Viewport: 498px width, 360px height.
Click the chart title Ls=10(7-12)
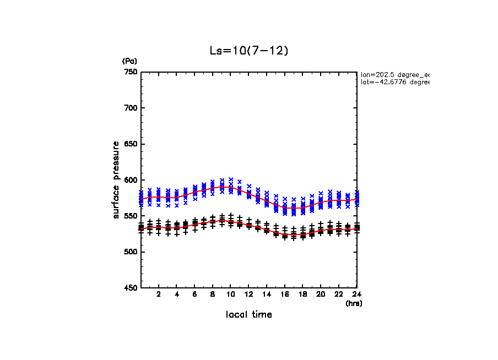coord(248,50)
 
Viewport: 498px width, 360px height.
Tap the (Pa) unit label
coord(129,61)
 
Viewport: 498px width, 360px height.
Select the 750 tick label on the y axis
coord(130,72)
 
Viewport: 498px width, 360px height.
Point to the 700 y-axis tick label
coord(130,108)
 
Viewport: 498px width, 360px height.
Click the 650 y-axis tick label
coord(130,144)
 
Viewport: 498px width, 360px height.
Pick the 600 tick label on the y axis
coord(130,180)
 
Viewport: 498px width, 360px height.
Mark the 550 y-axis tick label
coord(130,216)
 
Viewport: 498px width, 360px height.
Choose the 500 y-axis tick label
coord(130,252)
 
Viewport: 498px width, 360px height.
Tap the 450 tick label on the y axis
coord(130,288)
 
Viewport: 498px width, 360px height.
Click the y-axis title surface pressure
coord(116,180)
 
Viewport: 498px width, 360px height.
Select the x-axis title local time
coord(248,315)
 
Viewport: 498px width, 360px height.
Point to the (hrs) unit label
coord(353,303)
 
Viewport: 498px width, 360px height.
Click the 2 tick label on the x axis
coord(159,294)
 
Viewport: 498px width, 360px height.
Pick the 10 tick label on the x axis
coord(230,294)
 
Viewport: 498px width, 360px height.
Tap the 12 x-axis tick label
coord(248,294)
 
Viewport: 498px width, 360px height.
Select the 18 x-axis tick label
coord(302,294)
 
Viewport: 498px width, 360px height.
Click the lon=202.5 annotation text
coord(394,74)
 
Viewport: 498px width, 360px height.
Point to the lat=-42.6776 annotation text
coord(394,82)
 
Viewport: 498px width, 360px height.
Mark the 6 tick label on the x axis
coord(194,294)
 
